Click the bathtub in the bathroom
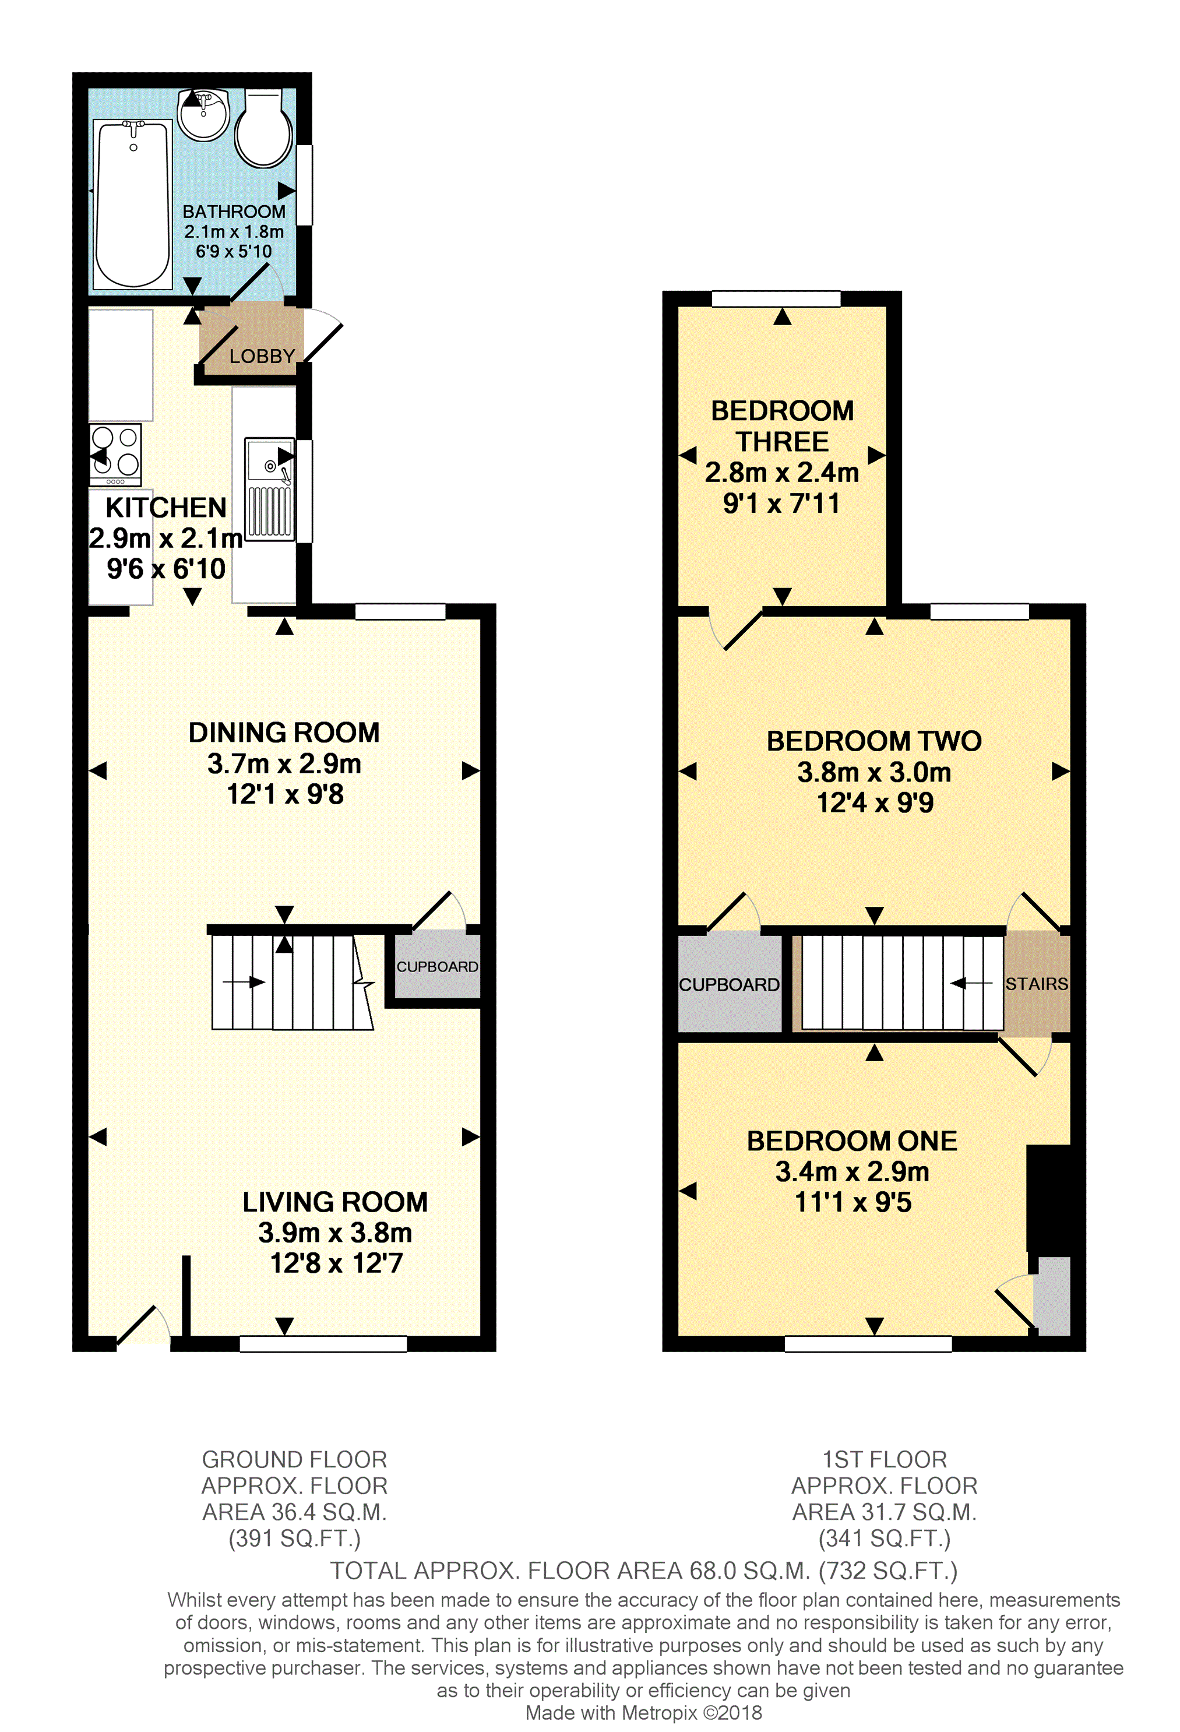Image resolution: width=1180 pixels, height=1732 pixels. (133, 203)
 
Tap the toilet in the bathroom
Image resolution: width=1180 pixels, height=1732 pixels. (263, 128)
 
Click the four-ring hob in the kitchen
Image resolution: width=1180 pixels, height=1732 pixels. (115, 451)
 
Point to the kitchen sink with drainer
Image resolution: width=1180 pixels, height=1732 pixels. (269, 488)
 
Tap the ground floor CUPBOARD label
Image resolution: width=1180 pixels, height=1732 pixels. (437, 967)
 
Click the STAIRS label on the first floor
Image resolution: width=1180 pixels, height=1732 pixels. (1036, 984)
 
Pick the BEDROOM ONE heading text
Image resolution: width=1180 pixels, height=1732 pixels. (852, 1141)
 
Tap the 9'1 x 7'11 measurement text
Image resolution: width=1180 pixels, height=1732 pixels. (781, 504)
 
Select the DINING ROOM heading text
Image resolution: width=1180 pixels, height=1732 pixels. (284, 733)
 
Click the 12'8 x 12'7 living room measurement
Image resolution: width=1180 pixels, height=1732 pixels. (336, 1263)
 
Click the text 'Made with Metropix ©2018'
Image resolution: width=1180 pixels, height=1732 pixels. (643, 1713)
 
